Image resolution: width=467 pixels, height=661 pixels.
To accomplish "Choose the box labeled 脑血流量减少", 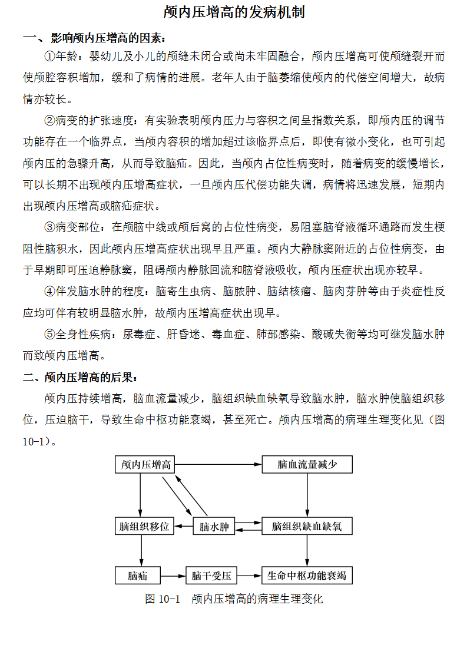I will point(307,465).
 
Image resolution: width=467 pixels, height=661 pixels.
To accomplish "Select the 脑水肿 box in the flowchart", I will point(214,526).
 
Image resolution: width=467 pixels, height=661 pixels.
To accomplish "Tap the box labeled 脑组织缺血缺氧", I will point(307,526).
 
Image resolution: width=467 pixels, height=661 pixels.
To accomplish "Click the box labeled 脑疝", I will point(138,576).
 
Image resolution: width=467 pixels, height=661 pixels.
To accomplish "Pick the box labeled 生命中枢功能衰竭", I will point(307,576).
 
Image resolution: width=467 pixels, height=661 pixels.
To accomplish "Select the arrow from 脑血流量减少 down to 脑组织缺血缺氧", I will point(307,495).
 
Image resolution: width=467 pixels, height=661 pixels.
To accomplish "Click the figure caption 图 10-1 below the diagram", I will point(234,599).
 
